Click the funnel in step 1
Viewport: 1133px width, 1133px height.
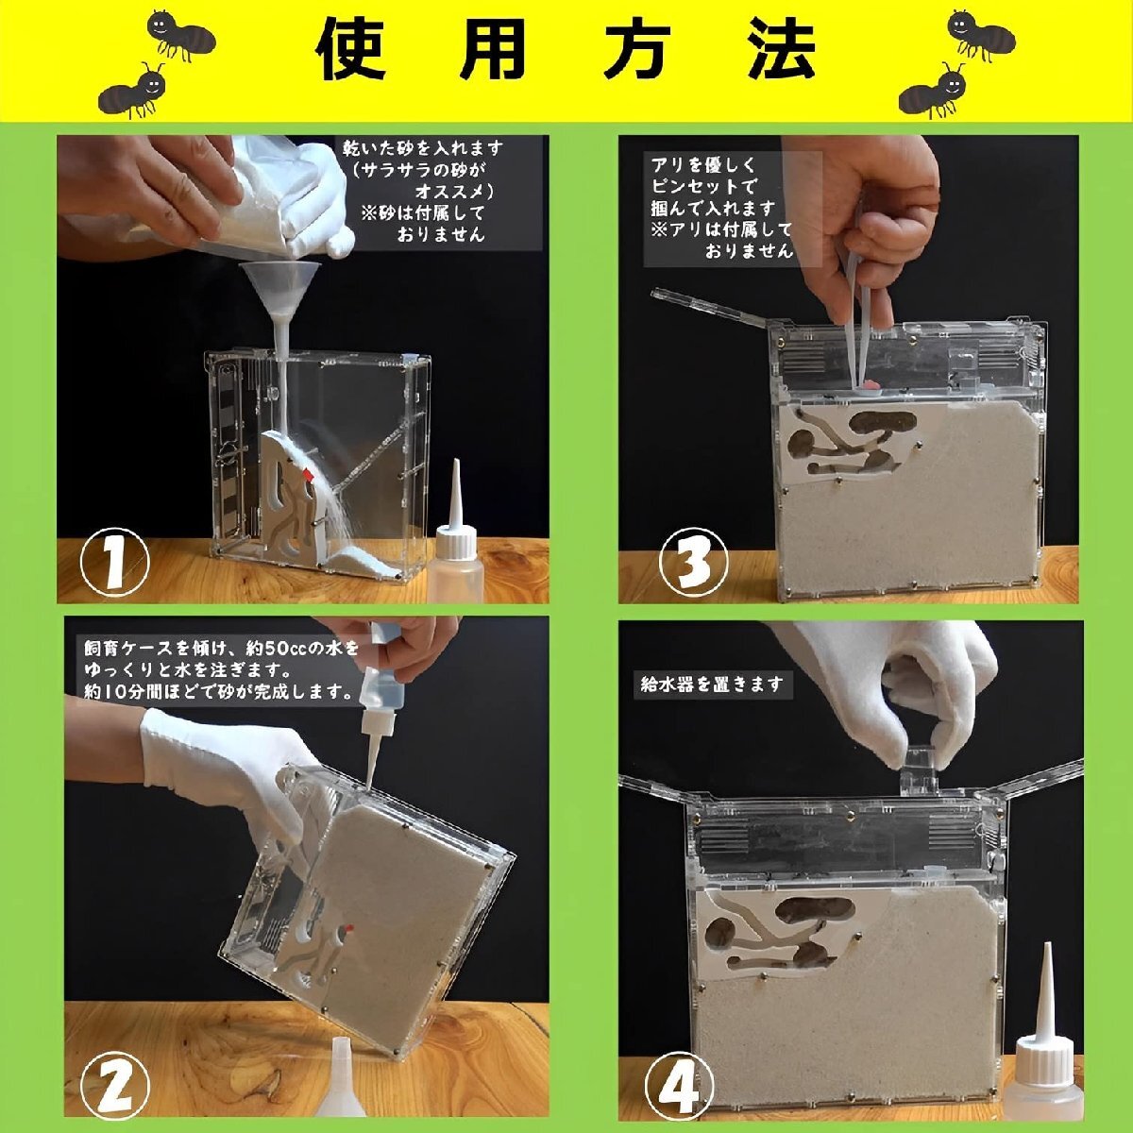(276, 288)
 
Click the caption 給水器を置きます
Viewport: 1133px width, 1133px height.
(711, 685)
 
